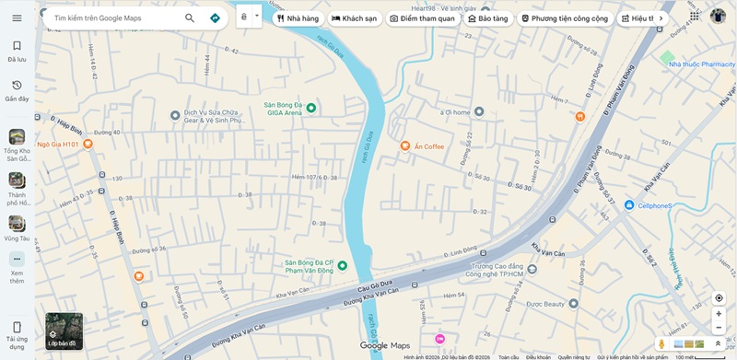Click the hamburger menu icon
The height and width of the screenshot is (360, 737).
click(x=17, y=17)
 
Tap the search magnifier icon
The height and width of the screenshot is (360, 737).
click(x=190, y=17)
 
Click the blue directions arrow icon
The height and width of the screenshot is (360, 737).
click(x=215, y=17)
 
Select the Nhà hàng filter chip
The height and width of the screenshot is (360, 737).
click(x=298, y=18)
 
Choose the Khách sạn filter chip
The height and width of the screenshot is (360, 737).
click(x=355, y=18)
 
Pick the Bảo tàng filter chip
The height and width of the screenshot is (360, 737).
click(x=487, y=18)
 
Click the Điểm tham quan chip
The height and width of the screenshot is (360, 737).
click(x=422, y=18)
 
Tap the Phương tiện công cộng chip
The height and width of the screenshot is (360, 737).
click(x=564, y=18)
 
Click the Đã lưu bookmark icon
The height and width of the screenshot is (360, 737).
click(x=17, y=46)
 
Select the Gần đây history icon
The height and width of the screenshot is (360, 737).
click(x=17, y=86)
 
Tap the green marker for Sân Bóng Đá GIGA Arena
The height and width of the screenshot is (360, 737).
click(x=311, y=109)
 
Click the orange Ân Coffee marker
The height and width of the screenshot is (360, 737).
click(x=405, y=145)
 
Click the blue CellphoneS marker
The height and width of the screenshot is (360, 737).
click(x=629, y=204)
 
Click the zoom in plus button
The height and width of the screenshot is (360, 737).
click(x=719, y=314)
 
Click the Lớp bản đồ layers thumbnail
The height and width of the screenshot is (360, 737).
click(x=64, y=331)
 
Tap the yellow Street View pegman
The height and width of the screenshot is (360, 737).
click(x=661, y=343)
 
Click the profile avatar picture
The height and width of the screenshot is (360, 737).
click(x=719, y=17)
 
